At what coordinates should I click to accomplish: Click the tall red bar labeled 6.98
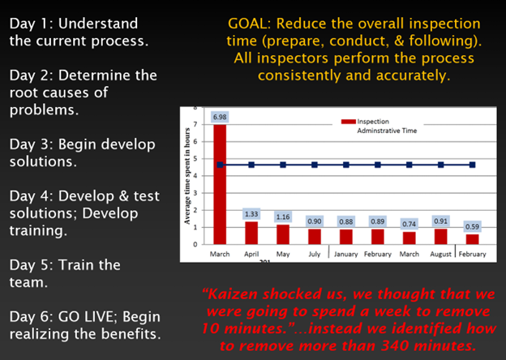220,184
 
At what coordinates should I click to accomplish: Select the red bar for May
283,234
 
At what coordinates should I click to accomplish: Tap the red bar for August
441,237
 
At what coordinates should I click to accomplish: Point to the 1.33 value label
251,214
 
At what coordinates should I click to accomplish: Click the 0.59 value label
472,227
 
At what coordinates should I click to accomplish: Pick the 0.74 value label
409,225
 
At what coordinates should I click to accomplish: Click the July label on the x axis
315,255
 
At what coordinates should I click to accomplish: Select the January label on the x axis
346,255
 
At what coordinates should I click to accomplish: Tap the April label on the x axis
251,255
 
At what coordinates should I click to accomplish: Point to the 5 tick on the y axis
195,159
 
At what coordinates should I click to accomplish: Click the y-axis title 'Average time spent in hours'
187,176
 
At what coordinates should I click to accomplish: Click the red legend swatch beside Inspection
349,122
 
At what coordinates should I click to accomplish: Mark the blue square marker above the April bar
251,165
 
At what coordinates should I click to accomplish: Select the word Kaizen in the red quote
233,294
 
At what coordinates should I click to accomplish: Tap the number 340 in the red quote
394,345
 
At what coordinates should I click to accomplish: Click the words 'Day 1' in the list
29,24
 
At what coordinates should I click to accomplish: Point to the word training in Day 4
38,231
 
